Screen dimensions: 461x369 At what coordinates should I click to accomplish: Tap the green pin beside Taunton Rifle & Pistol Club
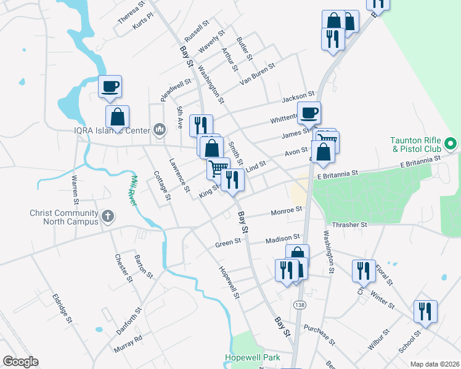pyautogui.click(x=451, y=145)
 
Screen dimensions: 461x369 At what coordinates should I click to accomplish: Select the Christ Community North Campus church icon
pyautogui.click(x=108, y=216)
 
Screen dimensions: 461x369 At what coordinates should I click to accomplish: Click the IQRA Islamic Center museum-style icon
pyautogui.click(x=160, y=129)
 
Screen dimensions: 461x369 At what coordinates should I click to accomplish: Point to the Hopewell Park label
pyautogui.click(x=253, y=357)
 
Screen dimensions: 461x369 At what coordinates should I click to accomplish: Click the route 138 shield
pyautogui.click(x=300, y=306)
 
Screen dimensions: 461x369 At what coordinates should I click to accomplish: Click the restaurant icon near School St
pyautogui.click(x=425, y=311)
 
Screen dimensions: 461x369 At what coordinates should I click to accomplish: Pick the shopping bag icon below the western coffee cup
pyautogui.click(x=117, y=117)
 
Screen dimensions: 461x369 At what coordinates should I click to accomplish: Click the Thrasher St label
pyautogui.click(x=349, y=225)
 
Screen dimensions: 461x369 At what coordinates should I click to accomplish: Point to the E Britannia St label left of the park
pyautogui.click(x=338, y=175)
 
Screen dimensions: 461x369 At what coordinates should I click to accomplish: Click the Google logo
pyautogui.click(x=20, y=362)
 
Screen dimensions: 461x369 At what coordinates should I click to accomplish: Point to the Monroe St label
pyautogui.click(x=287, y=210)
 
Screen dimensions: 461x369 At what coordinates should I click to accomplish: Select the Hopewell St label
pyautogui.click(x=229, y=282)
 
